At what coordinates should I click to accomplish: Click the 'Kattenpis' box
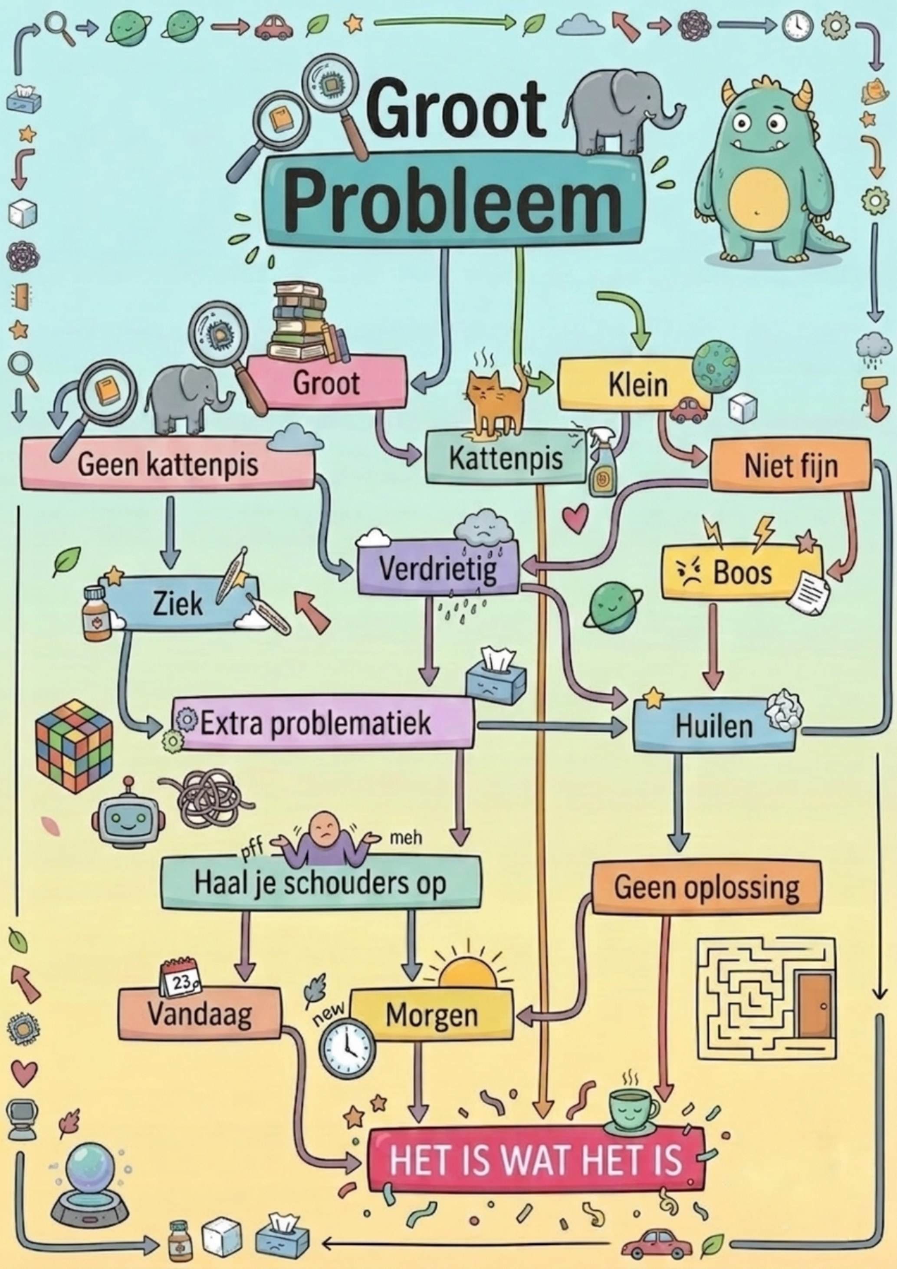pyautogui.click(x=505, y=457)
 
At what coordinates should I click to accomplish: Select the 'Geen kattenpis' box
pyautogui.click(x=168, y=463)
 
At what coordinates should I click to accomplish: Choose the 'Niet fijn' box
pyautogui.click(x=790, y=465)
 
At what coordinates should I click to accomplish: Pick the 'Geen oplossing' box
pyautogui.click(x=706, y=888)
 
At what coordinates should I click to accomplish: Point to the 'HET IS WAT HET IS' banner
pyautogui.click(x=536, y=1159)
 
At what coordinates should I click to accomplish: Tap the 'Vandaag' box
pyautogui.click(x=200, y=1013)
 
